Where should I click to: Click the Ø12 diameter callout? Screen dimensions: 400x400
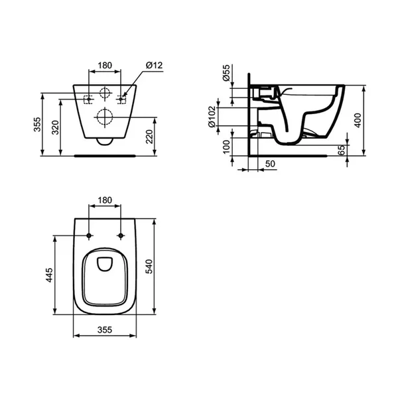coord(154,65)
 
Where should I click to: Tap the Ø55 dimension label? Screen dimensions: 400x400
coord(226,73)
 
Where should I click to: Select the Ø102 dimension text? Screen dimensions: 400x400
coord(212,117)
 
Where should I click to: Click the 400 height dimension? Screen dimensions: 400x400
coord(358,121)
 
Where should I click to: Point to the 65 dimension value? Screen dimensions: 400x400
coord(341,150)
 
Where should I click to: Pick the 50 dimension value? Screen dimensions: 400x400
coord(270,164)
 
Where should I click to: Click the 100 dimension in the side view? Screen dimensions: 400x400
coord(226,147)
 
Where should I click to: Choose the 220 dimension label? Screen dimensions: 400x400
coord(149,137)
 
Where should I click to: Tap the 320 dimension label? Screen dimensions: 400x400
coord(55,127)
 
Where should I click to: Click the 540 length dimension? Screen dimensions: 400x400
coord(149,267)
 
